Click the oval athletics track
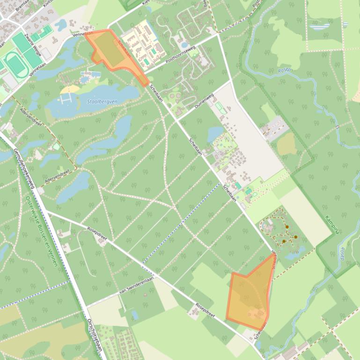pyautogui.click(x=16, y=63)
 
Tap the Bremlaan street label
pyautogui.click(x=22, y=6)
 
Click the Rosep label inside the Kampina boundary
pyautogui.click(x=342, y=255)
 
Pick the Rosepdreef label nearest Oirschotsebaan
pyautogui.click(x=97, y=233)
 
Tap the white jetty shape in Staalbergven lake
pyautogui.click(x=66, y=99)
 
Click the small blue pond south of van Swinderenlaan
pyautogui.click(x=135, y=315)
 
